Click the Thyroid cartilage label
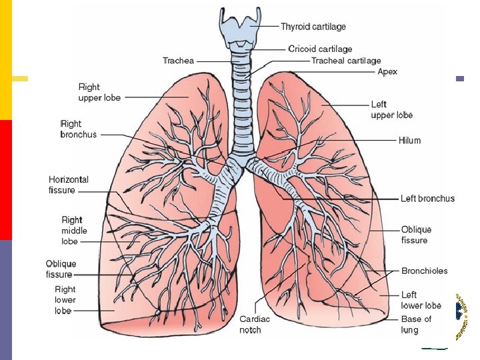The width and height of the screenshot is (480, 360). (x=313, y=27)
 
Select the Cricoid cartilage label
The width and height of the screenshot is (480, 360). (x=320, y=49)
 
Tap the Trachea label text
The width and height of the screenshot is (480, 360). (x=178, y=61)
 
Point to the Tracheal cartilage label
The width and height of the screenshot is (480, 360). (x=346, y=60)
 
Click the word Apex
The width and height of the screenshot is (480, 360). (x=387, y=71)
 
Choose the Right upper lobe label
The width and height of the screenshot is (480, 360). (x=99, y=92)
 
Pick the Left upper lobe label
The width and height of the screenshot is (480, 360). (x=392, y=110)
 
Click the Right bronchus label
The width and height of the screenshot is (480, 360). (x=79, y=129)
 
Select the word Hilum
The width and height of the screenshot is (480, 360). (x=410, y=141)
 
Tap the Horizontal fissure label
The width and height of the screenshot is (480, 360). (x=69, y=185)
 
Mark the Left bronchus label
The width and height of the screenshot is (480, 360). (x=427, y=199)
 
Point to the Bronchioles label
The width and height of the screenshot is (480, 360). (x=425, y=271)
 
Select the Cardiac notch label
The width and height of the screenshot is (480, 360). (x=255, y=325)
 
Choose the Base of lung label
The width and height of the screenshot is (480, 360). (x=417, y=324)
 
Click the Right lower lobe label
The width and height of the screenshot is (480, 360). (x=65, y=299)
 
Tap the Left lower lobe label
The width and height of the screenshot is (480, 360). (x=421, y=300)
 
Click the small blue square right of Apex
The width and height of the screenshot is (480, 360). (x=459, y=79)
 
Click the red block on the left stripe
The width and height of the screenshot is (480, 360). (x=6, y=179)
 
